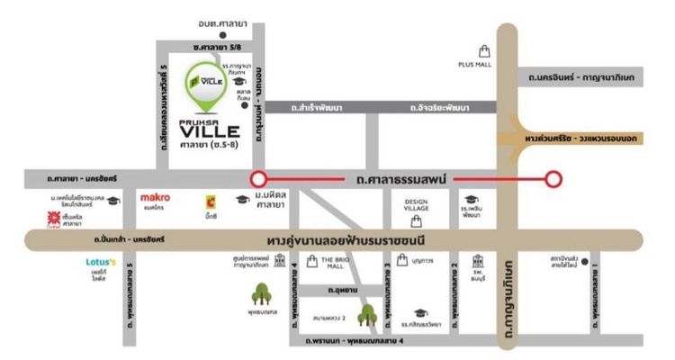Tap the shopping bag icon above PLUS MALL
tap(485, 50)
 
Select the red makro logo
tap(155, 196)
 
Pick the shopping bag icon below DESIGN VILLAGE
tap(416, 220)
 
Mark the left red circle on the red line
tap(258, 178)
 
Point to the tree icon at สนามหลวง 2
tap(366, 315)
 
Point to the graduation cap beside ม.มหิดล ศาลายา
tap(242, 199)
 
